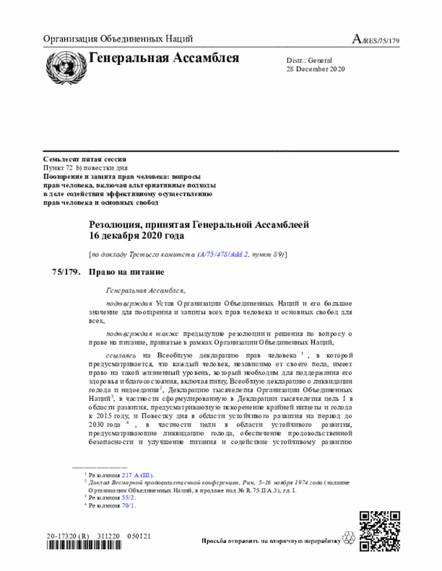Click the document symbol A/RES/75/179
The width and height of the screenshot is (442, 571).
tap(376, 39)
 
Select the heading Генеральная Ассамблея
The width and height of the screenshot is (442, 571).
tap(164, 58)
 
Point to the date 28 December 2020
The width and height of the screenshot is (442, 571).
tap(316, 69)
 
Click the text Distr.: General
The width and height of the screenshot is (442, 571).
tap(309, 60)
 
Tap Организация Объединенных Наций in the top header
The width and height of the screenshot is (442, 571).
tap(118, 39)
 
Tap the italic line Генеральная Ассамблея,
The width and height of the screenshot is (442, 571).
tap(146, 290)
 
